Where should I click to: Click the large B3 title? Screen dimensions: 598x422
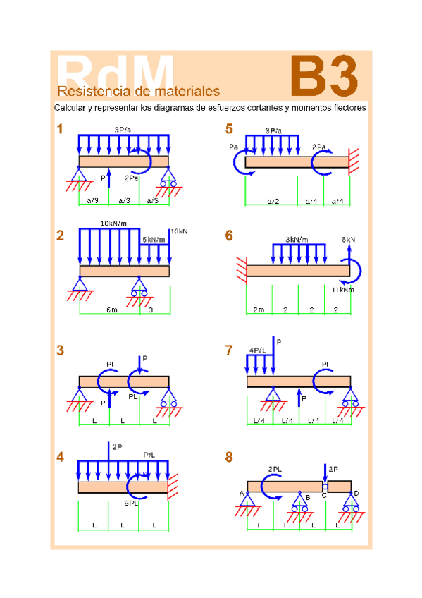tap(323, 77)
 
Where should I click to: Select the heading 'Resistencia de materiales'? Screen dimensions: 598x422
tap(138, 92)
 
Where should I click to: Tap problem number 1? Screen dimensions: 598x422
tap(61, 129)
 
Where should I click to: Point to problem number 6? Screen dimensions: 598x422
tap(229, 236)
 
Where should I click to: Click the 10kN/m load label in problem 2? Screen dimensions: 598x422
tap(113, 224)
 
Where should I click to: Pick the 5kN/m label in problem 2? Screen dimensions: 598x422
tap(153, 239)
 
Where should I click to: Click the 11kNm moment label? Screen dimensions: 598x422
tap(342, 289)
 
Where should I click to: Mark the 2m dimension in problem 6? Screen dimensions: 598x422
tap(259, 310)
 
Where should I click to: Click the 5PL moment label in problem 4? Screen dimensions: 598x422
tap(132, 503)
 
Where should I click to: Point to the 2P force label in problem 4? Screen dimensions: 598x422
tap(117, 446)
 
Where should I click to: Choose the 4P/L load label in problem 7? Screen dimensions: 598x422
tap(257, 350)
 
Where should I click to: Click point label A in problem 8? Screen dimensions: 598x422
tap(241, 493)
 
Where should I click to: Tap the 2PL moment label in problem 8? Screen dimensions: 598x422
tap(275, 469)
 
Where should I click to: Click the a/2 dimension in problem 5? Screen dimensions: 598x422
tap(273, 201)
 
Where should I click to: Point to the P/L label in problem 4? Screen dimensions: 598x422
tap(149, 455)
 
